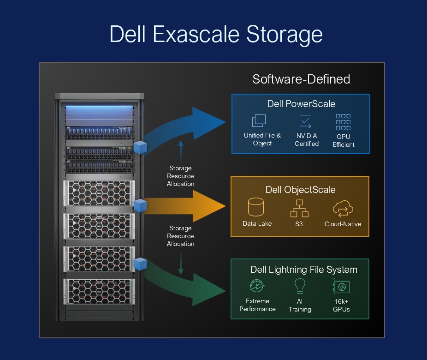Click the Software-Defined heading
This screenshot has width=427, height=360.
click(x=301, y=79)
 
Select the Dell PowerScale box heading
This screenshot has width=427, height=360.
click(x=301, y=103)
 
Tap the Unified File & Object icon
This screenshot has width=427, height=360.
click(x=259, y=120)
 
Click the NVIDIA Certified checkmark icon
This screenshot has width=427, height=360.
click(x=305, y=121)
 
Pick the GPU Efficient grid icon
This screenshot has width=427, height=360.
click(x=343, y=122)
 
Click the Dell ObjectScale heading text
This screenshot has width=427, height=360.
click(x=300, y=190)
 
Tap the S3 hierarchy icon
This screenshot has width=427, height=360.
click(x=300, y=208)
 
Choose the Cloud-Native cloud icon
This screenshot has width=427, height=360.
click(x=343, y=209)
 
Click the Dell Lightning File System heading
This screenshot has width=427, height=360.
click(x=303, y=270)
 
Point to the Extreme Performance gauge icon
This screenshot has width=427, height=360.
click(x=256, y=286)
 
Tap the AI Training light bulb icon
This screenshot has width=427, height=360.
click(x=300, y=286)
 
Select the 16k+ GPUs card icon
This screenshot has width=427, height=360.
click(x=341, y=287)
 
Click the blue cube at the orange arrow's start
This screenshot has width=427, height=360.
click(x=140, y=206)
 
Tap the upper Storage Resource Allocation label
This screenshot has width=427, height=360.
click(x=180, y=176)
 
